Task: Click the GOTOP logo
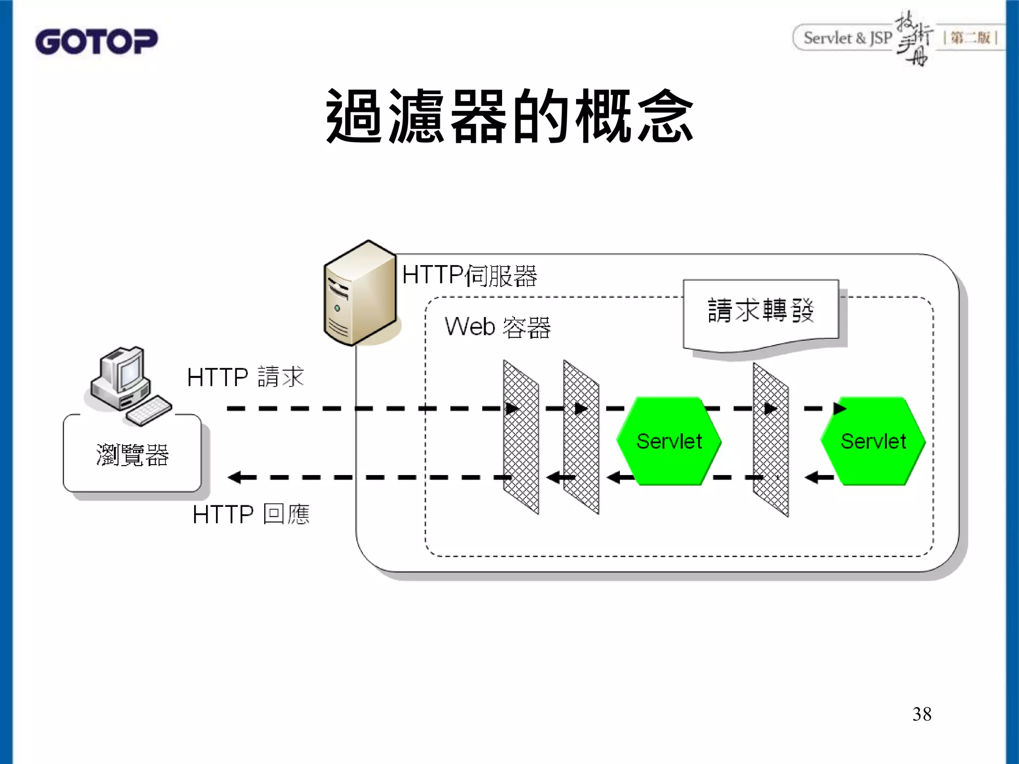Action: pyautogui.click(x=96, y=41)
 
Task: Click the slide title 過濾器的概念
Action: pyautogui.click(x=509, y=116)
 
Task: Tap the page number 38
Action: pyautogui.click(x=921, y=714)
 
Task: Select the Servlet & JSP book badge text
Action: pyautogui.click(x=847, y=38)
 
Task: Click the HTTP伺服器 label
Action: pyautogui.click(x=469, y=275)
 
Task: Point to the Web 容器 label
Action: pyautogui.click(x=498, y=327)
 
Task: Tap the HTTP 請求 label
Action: pyautogui.click(x=245, y=377)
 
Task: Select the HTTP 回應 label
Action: pyautogui.click(x=251, y=514)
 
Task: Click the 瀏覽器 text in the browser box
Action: pyautogui.click(x=132, y=455)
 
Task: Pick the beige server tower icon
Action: pyautogui.click(x=360, y=293)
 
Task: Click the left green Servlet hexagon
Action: pyautogui.click(x=669, y=441)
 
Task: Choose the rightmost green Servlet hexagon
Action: pyautogui.click(x=873, y=441)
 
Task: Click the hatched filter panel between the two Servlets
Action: pyautogui.click(x=770, y=440)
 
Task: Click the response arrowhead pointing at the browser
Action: pyautogui.click(x=235, y=477)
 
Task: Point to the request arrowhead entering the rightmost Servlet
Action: pyautogui.click(x=839, y=409)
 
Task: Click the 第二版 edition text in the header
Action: pyautogui.click(x=970, y=38)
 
